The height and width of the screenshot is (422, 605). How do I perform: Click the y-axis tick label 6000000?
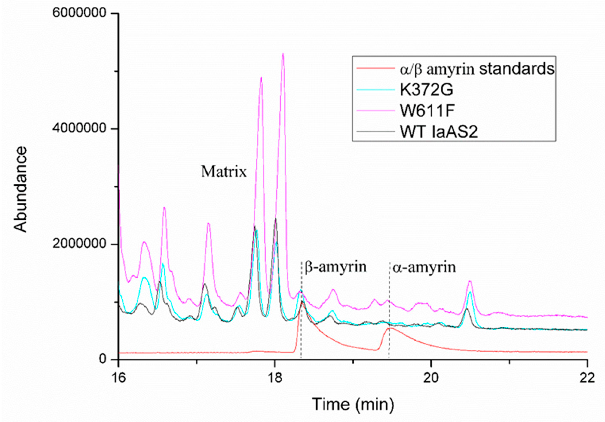tap(83, 13)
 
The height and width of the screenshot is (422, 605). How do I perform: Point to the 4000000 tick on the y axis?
tap(83, 129)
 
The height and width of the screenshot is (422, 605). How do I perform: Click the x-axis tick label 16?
tap(119, 378)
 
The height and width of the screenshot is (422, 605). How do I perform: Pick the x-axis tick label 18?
tap(275, 378)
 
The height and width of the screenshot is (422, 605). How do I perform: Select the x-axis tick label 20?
tap(431, 378)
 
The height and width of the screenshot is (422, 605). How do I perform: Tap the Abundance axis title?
tap(21, 189)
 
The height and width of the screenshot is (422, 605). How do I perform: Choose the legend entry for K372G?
tap(426, 90)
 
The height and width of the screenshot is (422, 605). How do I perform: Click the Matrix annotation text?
tap(224, 172)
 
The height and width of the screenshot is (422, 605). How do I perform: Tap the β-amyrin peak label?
tap(335, 267)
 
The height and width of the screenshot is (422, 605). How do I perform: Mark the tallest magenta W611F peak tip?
tap(283, 54)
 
